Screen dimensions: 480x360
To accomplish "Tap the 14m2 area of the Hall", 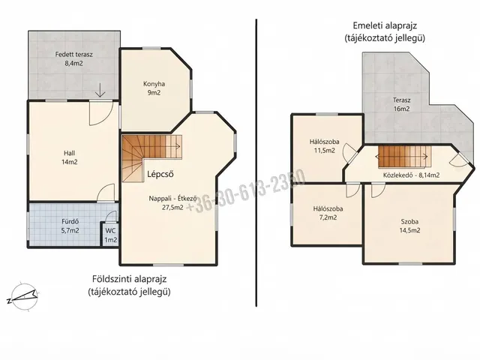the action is coord(70,162).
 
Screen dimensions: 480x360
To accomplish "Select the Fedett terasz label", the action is coord(73,55).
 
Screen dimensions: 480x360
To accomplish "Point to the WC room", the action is coord(110,235).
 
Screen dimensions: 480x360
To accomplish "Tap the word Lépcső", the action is coord(160,174).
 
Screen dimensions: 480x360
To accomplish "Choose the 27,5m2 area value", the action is coord(172,207).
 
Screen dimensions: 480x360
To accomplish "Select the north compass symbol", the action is coord(23,295).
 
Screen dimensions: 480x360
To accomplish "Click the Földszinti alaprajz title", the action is coord(130,279).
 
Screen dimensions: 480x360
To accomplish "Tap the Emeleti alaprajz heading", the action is coord(385,25).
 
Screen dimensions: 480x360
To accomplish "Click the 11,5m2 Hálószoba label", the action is coord(324,146).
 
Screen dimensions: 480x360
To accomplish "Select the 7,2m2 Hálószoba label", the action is coord(328,213).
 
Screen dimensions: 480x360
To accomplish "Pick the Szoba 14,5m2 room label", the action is coord(409,226).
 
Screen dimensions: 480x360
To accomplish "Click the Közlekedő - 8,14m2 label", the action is coord(412,175).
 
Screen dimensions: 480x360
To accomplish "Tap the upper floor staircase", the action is coord(404,157).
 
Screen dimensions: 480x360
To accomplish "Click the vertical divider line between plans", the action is coord(256,163).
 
